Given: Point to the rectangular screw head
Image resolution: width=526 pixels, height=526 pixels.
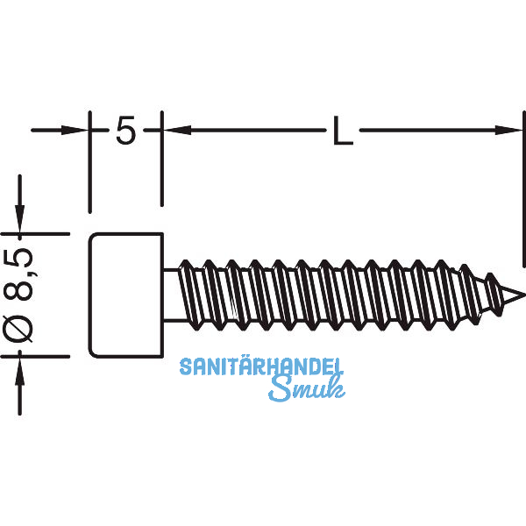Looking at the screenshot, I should click(127, 295).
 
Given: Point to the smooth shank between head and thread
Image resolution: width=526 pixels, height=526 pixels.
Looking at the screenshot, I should click(172, 295).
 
